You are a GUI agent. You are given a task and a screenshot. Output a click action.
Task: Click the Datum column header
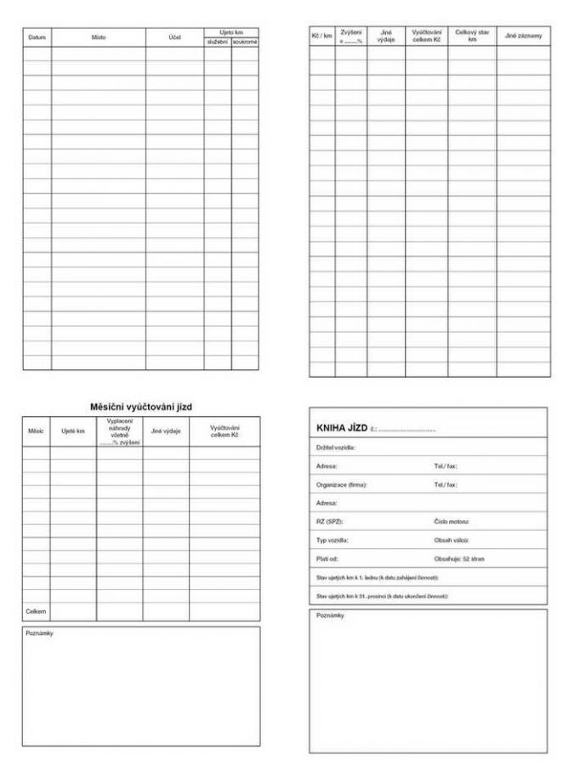pos(37,37)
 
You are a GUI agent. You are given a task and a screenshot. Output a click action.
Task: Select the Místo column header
pos(99,37)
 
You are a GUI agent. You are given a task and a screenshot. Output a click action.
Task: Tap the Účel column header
pos(174,37)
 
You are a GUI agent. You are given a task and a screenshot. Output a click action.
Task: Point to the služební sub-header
pos(217,42)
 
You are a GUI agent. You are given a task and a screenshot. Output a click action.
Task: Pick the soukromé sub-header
pos(245,42)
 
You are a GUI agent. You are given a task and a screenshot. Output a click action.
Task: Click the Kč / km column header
pos(321,36)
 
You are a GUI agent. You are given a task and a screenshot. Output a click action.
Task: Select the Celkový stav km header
pos(472,36)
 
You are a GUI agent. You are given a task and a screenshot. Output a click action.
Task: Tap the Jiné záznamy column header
pos(523,36)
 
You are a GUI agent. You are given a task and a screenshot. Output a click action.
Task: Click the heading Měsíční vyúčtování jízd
pos(141,407)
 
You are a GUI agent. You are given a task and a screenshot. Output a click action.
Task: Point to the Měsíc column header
pos(36,432)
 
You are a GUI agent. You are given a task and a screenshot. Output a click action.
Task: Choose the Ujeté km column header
pos(73,432)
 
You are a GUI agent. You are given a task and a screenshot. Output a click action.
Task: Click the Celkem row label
pos(37,611)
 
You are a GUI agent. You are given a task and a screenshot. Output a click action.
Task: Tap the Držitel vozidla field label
pos(336,447)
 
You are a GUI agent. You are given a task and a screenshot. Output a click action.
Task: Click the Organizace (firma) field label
pos(341,484)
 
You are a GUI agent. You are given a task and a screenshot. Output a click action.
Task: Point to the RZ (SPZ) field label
pos(329,521)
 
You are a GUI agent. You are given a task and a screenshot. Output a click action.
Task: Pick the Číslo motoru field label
pos(452,521)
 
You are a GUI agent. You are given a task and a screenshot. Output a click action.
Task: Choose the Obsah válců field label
pos(452,540)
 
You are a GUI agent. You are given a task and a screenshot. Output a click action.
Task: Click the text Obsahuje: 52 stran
pos(459,558)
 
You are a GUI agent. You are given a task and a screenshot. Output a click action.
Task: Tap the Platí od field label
pos(327,558)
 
